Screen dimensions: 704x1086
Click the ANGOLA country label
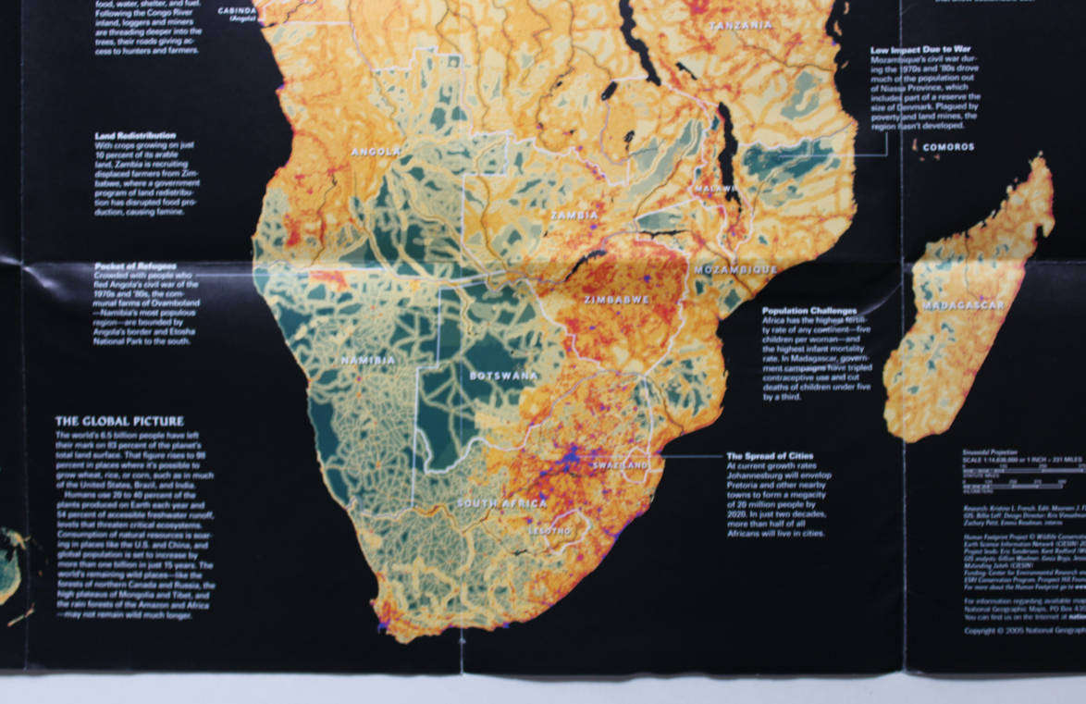(x=376, y=150)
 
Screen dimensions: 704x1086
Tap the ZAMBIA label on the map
(x=574, y=215)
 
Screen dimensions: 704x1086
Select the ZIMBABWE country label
(x=617, y=300)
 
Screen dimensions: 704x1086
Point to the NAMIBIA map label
(x=368, y=360)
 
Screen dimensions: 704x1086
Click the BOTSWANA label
(x=502, y=376)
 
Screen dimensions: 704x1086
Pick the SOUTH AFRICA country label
(x=501, y=503)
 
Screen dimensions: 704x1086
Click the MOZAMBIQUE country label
(x=736, y=269)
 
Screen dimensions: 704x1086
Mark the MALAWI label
(x=713, y=188)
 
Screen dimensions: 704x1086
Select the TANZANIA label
(x=740, y=26)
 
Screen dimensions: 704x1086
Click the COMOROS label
(x=948, y=147)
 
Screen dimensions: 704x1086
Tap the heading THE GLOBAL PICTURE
(x=119, y=421)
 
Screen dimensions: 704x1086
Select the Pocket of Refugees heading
(x=135, y=266)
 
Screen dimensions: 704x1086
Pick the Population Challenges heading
(x=809, y=311)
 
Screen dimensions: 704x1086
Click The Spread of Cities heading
(x=771, y=456)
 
